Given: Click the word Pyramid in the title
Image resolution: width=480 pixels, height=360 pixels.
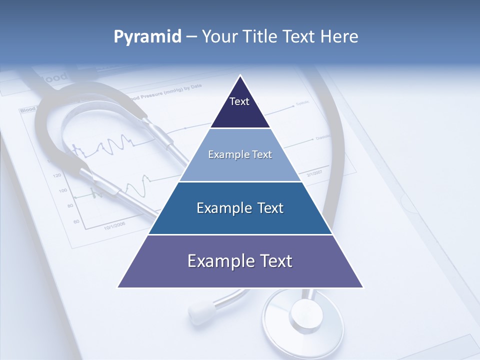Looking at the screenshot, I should point(147,37).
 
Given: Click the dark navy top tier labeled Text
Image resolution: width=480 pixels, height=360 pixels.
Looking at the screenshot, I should point(239,107).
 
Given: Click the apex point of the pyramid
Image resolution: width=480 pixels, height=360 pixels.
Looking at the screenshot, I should point(240,76).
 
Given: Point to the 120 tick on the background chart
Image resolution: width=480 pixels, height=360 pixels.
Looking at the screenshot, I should point(56,175).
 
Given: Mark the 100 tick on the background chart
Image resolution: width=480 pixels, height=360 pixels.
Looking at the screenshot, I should point(62,190).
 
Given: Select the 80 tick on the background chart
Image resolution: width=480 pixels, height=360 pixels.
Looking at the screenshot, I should point(70,205).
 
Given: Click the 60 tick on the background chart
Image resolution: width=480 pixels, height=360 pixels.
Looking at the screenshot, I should point(76,220).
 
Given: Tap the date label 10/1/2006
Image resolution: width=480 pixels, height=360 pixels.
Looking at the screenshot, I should point(114,225).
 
